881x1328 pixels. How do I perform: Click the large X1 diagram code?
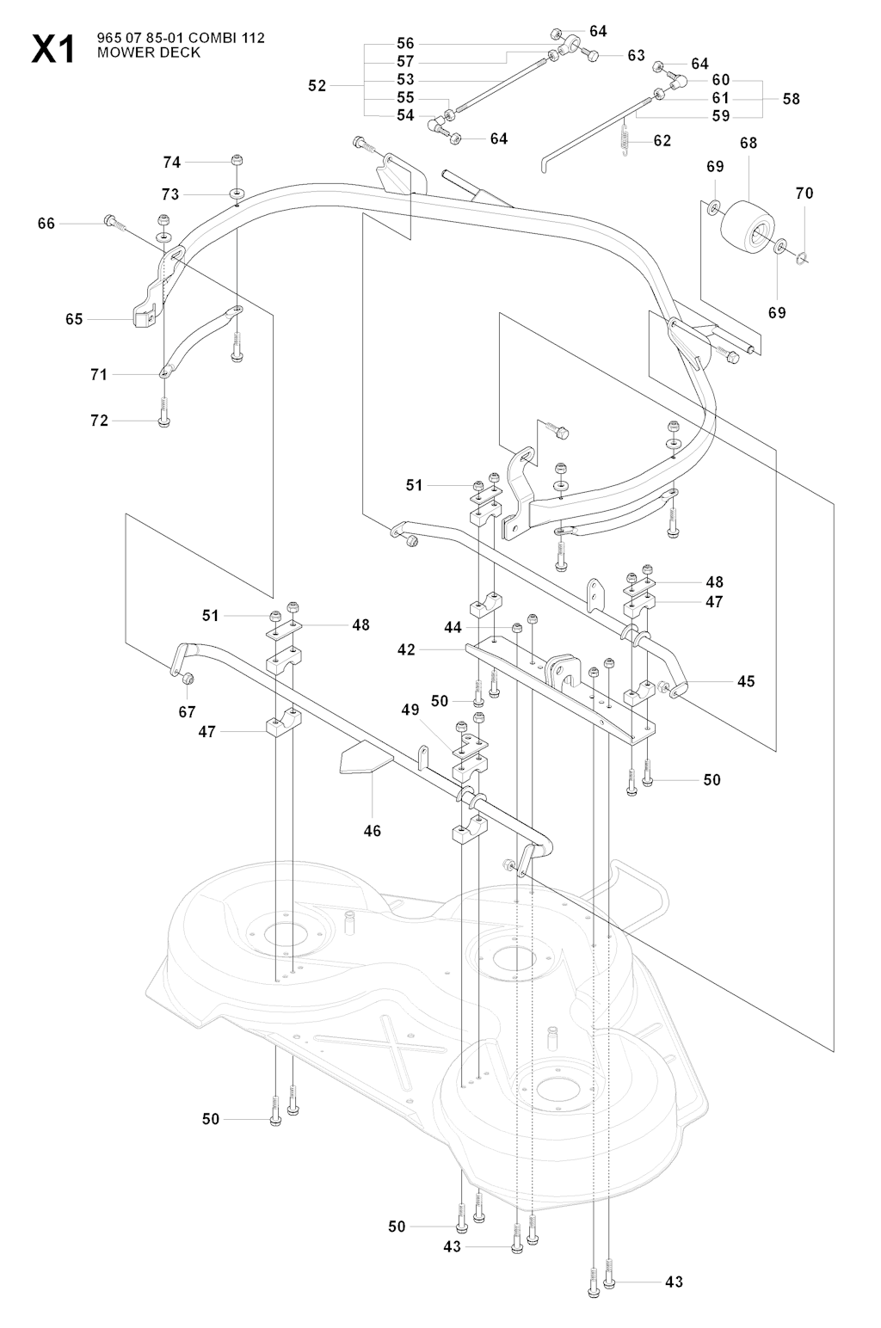coord(53,49)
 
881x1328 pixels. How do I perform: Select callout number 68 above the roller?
coord(749,143)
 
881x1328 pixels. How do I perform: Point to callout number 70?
coord(804,194)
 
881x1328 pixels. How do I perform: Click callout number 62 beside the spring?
coord(662,140)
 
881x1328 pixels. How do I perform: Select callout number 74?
coord(172,162)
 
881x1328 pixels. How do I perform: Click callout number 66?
coord(46,224)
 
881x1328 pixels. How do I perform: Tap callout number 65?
coord(74,319)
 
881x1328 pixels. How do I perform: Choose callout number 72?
coord(99,421)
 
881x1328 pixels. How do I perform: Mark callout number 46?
coord(372,831)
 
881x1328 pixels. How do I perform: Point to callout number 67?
coord(187,711)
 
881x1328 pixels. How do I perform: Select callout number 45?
coord(746,681)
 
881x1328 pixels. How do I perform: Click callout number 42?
coord(406,650)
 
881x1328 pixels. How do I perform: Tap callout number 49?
coord(410,710)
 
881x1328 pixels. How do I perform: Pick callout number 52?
coord(317,86)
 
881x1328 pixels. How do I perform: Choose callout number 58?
coord(791,99)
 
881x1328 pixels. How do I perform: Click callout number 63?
coord(636,56)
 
